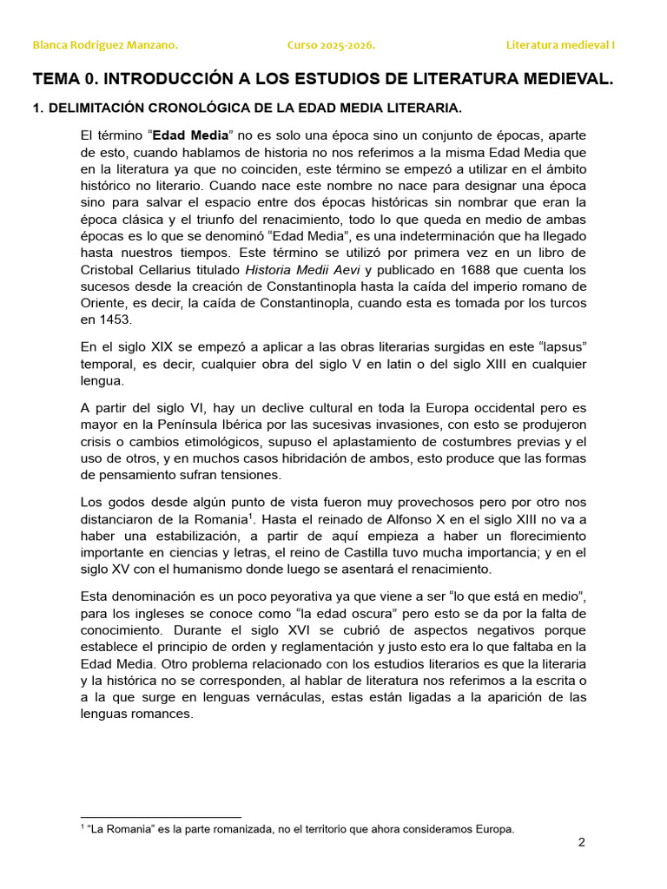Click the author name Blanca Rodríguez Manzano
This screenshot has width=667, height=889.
(105, 45)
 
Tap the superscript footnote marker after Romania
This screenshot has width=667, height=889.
(251, 516)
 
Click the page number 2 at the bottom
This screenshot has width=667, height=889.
(582, 843)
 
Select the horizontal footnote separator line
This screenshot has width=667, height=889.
(161, 817)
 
